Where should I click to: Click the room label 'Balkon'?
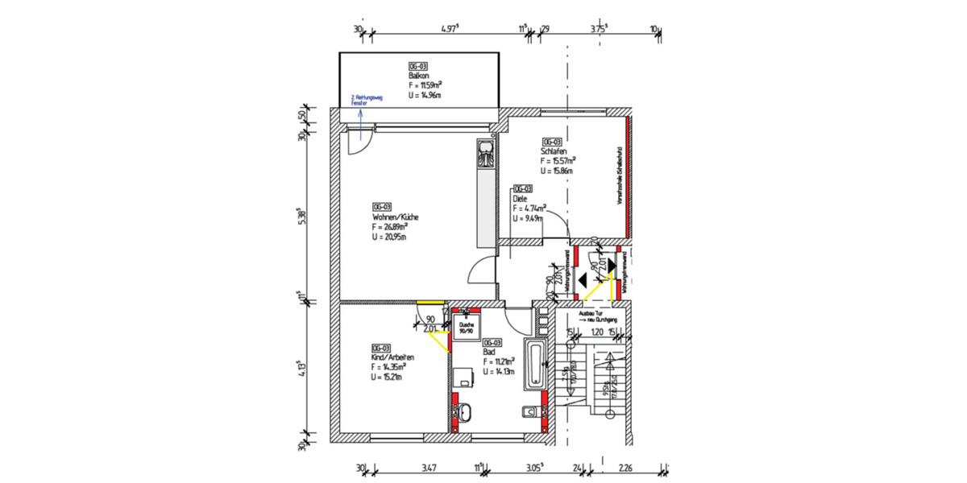tap(417, 76)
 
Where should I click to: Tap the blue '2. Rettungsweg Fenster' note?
tap(366, 100)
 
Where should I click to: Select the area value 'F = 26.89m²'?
tap(389, 228)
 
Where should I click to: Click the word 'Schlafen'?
tap(555, 151)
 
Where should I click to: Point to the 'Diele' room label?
tap(520, 198)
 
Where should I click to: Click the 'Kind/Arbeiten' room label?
tap(392, 357)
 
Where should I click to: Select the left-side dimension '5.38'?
tap(301, 217)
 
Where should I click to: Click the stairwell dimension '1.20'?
tap(597, 331)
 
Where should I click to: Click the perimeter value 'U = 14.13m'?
tap(500, 372)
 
